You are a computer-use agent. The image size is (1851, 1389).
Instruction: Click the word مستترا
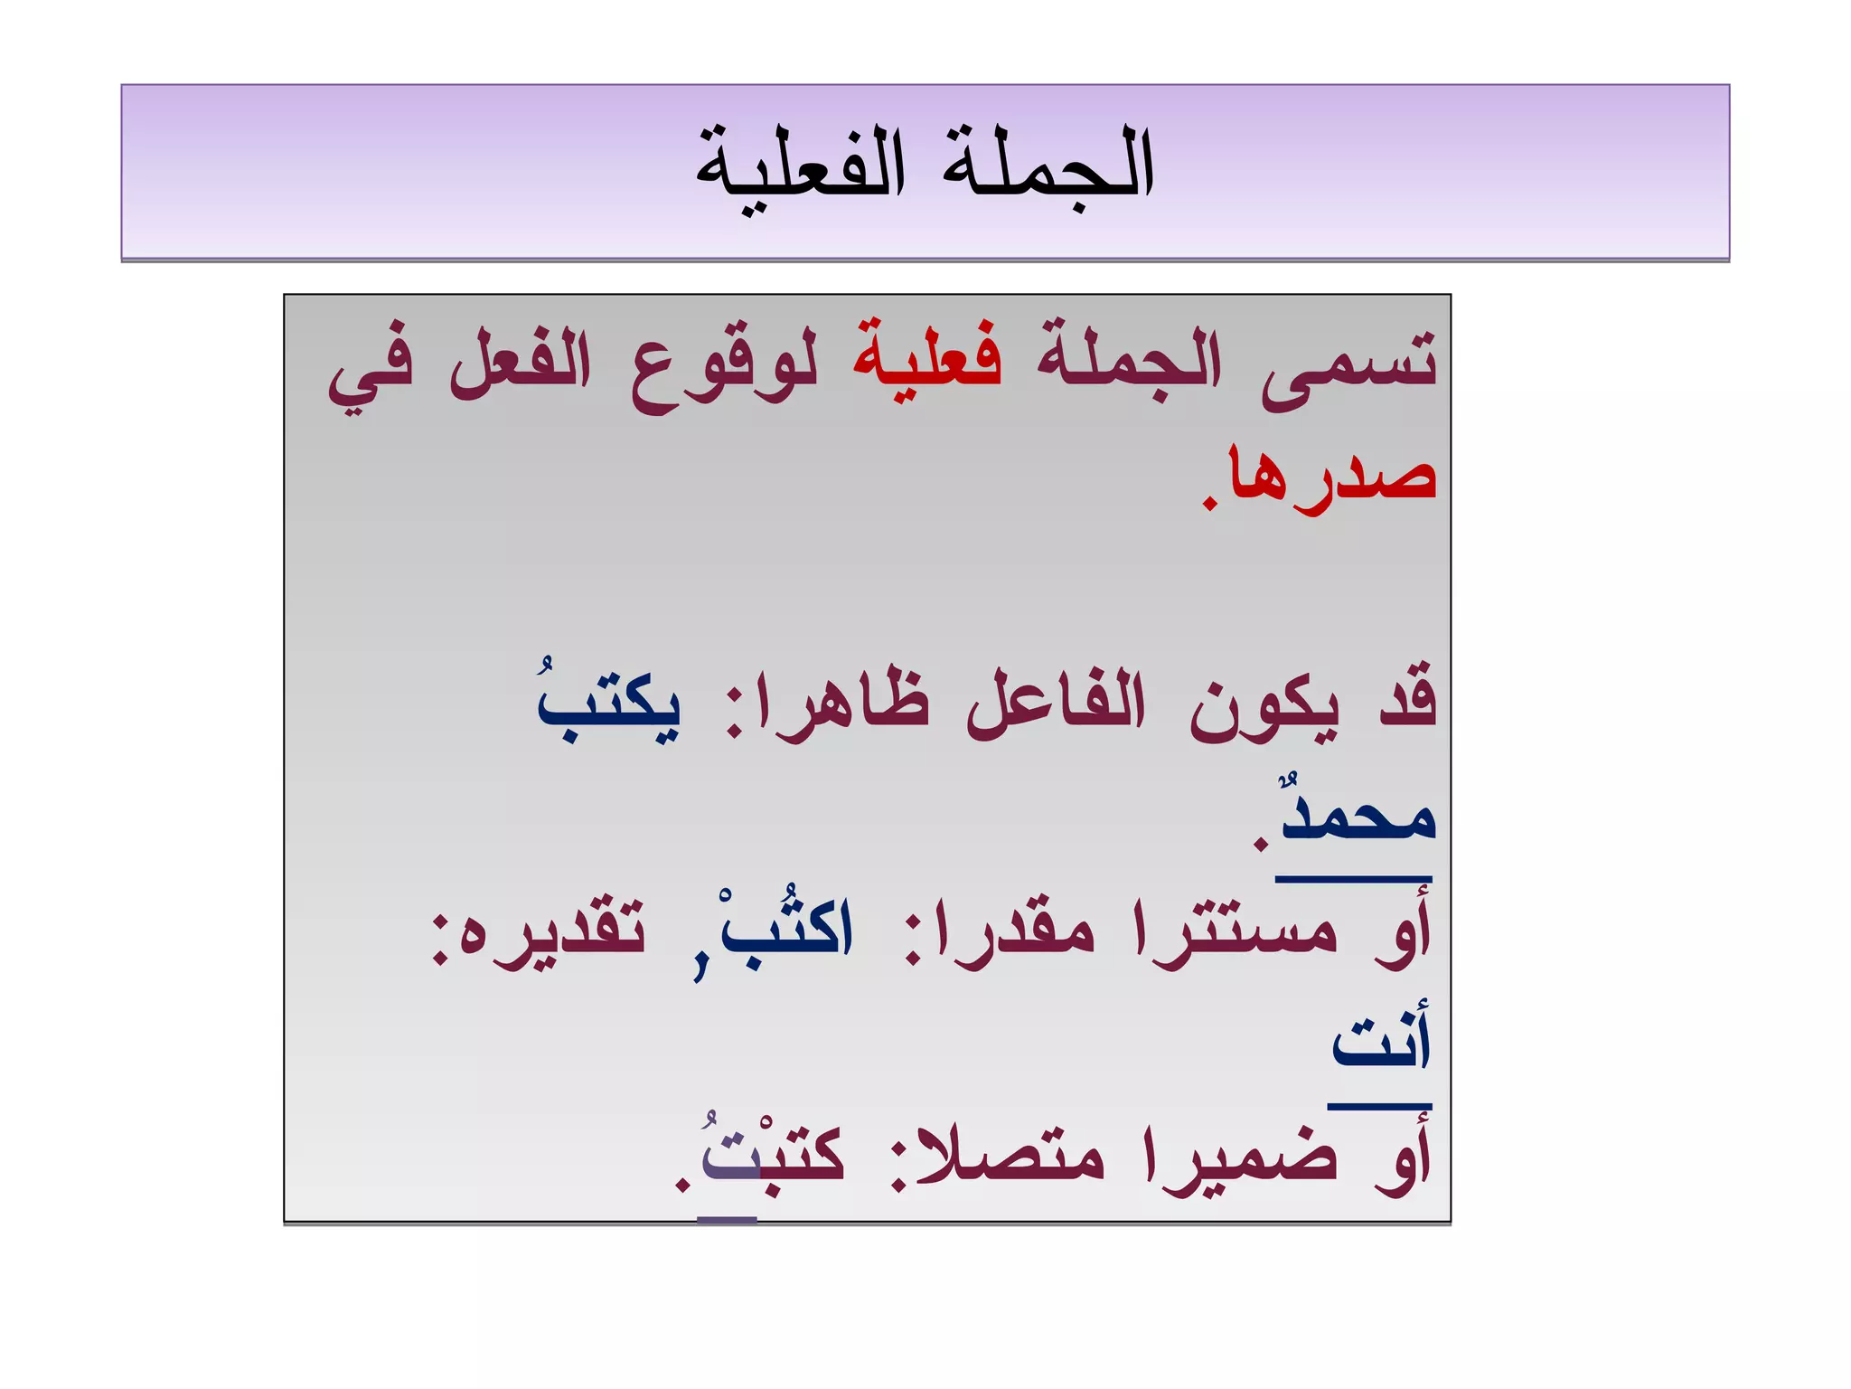[1235, 931]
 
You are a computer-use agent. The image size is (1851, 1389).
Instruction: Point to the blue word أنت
[1381, 1040]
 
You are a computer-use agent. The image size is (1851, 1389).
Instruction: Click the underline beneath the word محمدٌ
[1353, 878]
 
